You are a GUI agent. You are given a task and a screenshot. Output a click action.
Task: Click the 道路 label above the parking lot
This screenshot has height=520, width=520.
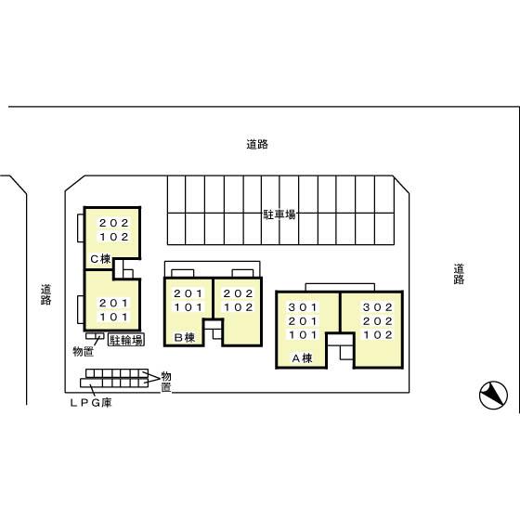tap(257, 144)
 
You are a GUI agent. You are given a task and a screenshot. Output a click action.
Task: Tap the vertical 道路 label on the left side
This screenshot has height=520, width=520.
tap(45, 294)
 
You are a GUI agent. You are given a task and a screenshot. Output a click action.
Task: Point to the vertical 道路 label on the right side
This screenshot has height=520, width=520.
tap(459, 274)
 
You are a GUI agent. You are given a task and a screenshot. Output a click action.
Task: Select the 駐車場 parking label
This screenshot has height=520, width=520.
tap(279, 214)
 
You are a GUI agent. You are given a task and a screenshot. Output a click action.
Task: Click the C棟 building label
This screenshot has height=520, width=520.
tap(100, 259)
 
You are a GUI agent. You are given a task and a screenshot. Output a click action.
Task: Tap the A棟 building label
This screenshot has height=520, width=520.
tap(300, 357)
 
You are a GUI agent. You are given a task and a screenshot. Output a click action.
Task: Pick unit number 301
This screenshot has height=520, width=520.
tap(303, 307)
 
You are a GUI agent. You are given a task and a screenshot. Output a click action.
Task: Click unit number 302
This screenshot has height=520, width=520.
tap(378, 307)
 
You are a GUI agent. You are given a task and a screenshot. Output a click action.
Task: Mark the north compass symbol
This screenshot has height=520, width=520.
tap(493, 396)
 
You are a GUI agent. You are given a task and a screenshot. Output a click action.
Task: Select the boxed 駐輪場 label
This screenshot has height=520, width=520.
tap(125, 340)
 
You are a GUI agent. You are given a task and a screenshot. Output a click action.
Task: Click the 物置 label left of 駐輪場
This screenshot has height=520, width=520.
tap(83, 351)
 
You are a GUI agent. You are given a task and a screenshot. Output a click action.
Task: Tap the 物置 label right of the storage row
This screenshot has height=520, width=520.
tap(165, 381)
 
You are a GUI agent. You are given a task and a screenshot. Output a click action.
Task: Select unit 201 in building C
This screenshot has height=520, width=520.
tap(113, 303)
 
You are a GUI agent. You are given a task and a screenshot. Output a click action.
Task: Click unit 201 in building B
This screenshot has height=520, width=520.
tap(188, 293)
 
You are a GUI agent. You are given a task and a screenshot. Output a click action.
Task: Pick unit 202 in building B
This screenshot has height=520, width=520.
tap(239, 293)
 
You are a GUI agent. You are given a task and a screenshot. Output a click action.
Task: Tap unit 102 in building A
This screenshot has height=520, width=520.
tap(378, 334)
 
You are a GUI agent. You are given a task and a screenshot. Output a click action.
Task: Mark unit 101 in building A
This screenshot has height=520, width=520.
tap(303, 334)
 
